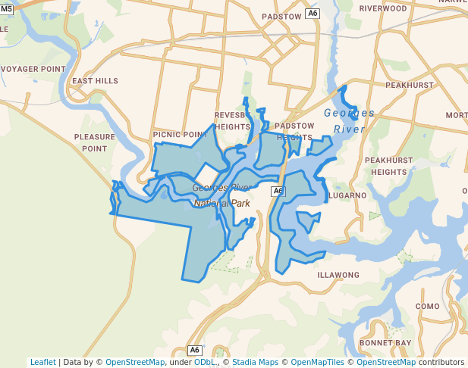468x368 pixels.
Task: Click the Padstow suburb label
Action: (x=281, y=16)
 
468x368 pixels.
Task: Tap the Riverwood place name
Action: (x=383, y=8)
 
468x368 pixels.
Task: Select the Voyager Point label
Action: (x=33, y=69)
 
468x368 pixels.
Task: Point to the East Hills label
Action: (x=95, y=81)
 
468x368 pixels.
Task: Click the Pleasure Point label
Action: (x=95, y=142)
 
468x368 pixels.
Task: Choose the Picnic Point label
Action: (x=180, y=134)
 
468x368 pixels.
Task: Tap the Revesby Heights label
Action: (x=232, y=121)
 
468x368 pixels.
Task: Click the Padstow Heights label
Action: (x=294, y=131)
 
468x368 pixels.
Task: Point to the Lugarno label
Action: (x=348, y=195)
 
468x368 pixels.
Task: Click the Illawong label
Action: (x=338, y=275)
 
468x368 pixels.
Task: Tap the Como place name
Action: (x=428, y=306)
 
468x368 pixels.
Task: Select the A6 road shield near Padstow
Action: (x=313, y=14)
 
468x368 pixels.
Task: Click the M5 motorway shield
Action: (x=6, y=8)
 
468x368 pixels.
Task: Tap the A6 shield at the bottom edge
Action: (x=195, y=350)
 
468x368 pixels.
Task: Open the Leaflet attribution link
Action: (x=43, y=362)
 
